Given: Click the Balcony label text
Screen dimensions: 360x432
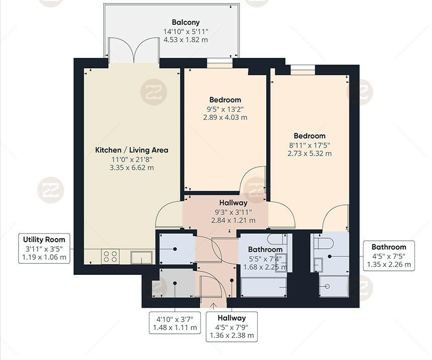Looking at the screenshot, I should coord(185,22).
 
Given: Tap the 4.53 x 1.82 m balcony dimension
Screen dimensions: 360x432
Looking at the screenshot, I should coord(185,40).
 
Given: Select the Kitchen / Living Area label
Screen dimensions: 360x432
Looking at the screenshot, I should coord(131,150).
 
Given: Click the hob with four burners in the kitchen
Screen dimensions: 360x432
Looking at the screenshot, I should coord(111,257).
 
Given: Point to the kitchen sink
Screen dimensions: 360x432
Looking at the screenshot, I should coord(141,257).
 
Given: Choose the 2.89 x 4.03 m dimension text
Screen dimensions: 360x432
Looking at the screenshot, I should coord(225,117).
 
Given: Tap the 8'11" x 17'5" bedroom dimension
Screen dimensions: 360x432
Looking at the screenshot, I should coord(310,145).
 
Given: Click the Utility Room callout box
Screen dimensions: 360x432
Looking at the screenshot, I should coord(44,248).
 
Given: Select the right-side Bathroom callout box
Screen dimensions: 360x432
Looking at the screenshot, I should coord(389,255).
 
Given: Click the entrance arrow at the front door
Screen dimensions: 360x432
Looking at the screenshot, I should coord(213,304).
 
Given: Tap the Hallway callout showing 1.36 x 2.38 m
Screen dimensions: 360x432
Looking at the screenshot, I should coord(232,326).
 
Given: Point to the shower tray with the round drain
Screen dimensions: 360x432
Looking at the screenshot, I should coord(333,286).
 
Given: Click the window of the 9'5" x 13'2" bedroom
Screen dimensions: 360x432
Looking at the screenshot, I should coord(220,64).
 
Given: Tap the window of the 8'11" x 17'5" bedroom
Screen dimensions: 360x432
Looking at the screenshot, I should coord(303,69).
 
